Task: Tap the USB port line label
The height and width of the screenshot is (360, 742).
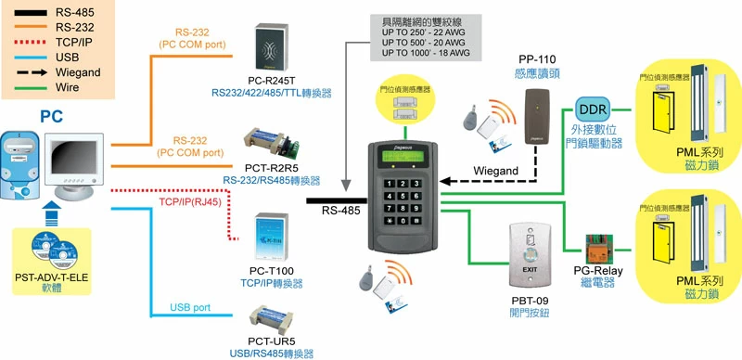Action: tap(190, 307)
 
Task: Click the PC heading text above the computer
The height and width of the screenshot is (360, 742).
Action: tap(51, 116)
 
